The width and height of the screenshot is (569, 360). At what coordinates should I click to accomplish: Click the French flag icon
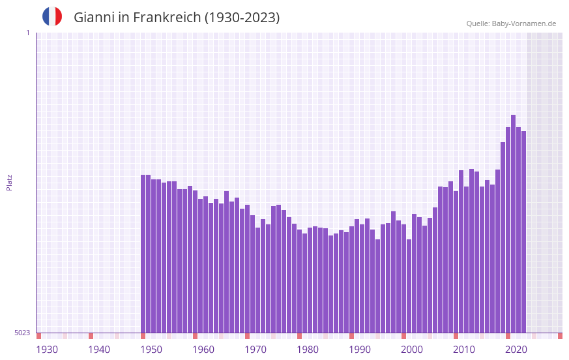coord(52,17)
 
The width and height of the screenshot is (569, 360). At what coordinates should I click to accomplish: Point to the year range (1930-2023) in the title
coord(242,18)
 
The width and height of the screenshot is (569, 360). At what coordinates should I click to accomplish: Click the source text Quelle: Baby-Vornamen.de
coord(511,23)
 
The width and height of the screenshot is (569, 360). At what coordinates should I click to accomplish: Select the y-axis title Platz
coord(9,182)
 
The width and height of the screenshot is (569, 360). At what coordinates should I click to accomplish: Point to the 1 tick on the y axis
coord(27,33)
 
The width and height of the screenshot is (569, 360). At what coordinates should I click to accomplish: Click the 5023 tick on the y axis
coord(22,333)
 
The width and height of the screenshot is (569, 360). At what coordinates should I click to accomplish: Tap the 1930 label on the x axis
coord(47,350)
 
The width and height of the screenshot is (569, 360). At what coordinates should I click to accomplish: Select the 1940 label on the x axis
coord(99,350)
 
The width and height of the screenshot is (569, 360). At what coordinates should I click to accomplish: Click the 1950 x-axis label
coord(151,350)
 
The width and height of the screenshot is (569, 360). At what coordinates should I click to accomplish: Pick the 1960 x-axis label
coord(203,350)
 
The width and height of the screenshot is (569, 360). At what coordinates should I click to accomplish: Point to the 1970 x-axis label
coord(255,350)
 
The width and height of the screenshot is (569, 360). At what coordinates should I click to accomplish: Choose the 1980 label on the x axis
coord(308,350)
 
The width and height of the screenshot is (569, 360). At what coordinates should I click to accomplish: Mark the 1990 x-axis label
coord(360,350)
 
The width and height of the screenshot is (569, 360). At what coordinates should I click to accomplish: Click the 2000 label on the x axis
coord(412,350)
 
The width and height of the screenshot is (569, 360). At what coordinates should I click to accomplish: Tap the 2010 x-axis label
coord(464,350)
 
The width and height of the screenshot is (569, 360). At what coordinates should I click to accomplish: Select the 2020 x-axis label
coord(516,350)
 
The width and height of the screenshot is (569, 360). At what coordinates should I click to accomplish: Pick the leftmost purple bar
coord(143,254)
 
